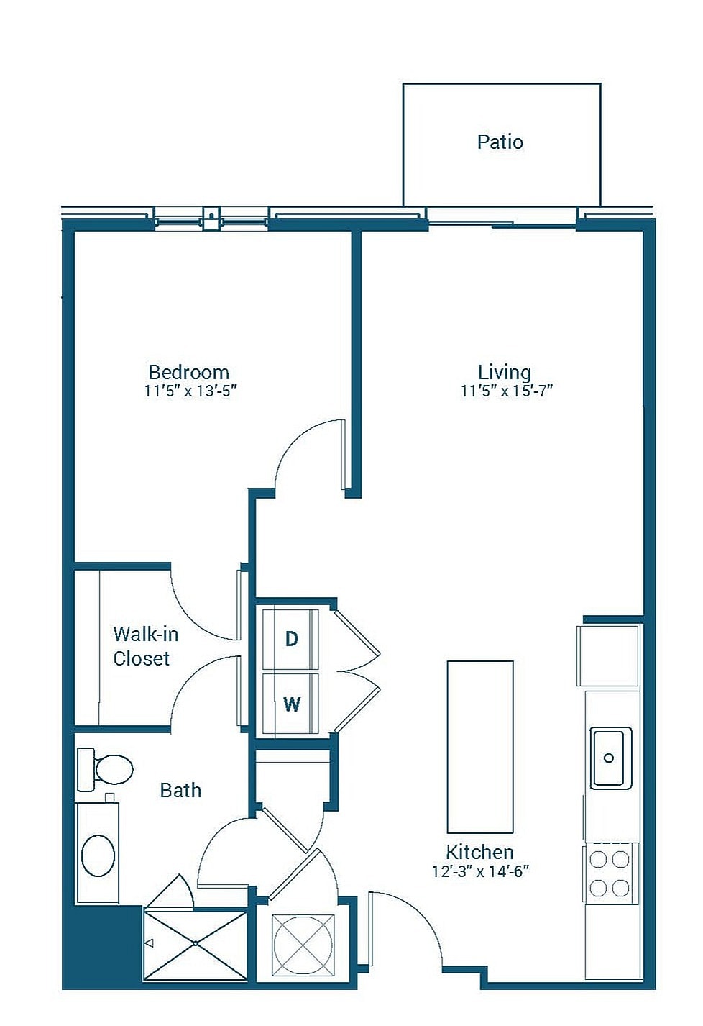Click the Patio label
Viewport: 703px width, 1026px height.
click(x=500, y=142)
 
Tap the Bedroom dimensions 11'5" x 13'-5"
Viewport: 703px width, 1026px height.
click(x=191, y=391)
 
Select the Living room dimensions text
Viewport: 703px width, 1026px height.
click(x=507, y=391)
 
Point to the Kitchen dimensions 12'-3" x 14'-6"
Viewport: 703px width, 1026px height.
click(x=481, y=871)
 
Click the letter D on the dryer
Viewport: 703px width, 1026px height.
click(x=292, y=638)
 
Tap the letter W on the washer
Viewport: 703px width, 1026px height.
click(x=292, y=704)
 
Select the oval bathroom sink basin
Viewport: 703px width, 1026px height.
click(x=98, y=855)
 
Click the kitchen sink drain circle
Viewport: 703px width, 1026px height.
click(x=609, y=758)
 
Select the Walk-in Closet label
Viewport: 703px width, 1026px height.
click(x=145, y=646)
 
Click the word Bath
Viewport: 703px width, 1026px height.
click(x=181, y=791)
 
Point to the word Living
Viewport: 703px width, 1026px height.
click(x=505, y=373)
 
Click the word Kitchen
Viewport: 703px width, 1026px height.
click(x=479, y=853)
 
